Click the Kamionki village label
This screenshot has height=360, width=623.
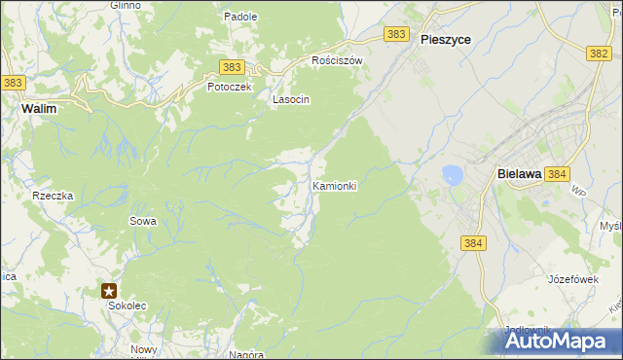(x=335, y=185)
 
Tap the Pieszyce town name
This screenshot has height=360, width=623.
(x=446, y=40)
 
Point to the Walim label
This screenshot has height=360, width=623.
(x=38, y=110)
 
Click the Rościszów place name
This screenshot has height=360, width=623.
(x=337, y=60)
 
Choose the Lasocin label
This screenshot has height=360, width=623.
(x=291, y=99)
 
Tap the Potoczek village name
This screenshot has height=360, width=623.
(x=229, y=87)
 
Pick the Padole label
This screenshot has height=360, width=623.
(x=240, y=17)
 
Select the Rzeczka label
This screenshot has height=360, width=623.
(x=53, y=196)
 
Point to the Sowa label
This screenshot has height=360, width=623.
(x=143, y=221)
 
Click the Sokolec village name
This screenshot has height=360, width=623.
(x=125, y=306)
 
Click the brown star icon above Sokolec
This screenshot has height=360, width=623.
(x=110, y=290)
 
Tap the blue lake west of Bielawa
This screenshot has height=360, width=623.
(x=452, y=175)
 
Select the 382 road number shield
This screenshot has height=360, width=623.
(x=600, y=54)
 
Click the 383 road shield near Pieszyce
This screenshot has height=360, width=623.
(x=395, y=34)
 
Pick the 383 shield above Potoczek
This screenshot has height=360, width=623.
(x=232, y=66)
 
